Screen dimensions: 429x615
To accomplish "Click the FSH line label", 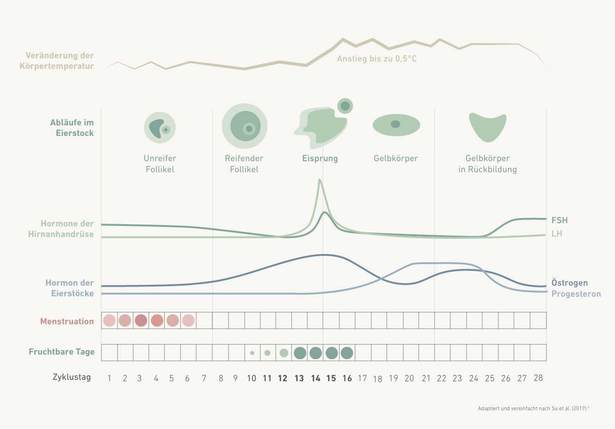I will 559,220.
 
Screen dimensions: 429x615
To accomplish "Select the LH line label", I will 557,234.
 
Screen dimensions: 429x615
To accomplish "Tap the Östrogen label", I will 569,283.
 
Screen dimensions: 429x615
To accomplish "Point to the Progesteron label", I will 576,294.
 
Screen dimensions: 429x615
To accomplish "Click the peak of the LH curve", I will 319,180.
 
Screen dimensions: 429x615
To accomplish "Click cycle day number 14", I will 315,378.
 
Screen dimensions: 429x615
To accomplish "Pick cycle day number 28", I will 538,378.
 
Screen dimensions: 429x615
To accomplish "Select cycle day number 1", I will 109,378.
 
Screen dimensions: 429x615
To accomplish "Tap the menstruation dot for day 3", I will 141,320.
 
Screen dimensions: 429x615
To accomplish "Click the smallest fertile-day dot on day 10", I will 252,353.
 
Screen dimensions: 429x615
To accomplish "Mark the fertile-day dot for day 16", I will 347,353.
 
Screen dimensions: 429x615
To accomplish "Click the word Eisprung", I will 320,158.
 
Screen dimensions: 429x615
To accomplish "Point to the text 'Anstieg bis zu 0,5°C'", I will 376,59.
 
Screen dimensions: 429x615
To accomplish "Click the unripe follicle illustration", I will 160,127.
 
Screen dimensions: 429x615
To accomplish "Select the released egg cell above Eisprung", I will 345,106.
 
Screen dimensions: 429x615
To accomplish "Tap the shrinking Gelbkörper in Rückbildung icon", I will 487,127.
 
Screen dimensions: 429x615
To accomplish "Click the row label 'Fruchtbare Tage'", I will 62,352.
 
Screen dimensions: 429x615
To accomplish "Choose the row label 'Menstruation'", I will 67,322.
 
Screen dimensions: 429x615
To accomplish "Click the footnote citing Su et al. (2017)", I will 533,408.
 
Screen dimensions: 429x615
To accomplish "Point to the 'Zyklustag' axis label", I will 72,378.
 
